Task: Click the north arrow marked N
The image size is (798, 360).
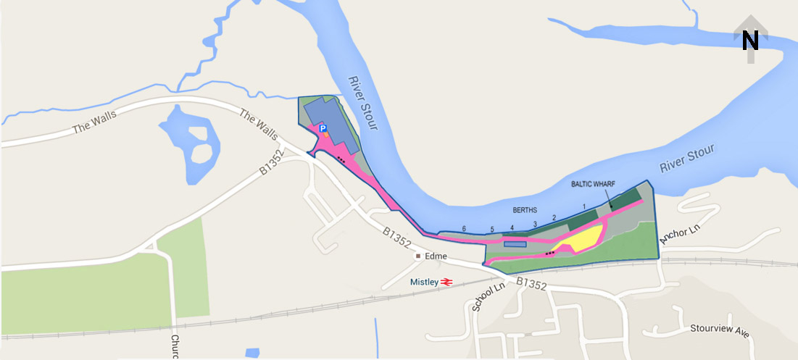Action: [x=750, y=39]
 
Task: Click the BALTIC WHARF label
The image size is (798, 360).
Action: [x=593, y=185]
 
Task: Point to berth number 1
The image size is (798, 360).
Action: [x=583, y=207]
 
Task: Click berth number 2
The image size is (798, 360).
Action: [x=554, y=217]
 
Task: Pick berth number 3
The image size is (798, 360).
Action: [x=535, y=225]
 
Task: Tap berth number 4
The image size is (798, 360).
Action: [x=512, y=228]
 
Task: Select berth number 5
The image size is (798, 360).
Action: [x=491, y=230]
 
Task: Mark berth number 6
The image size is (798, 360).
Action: [x=464, y=229]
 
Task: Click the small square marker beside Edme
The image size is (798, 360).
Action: [x=418, y=256]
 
